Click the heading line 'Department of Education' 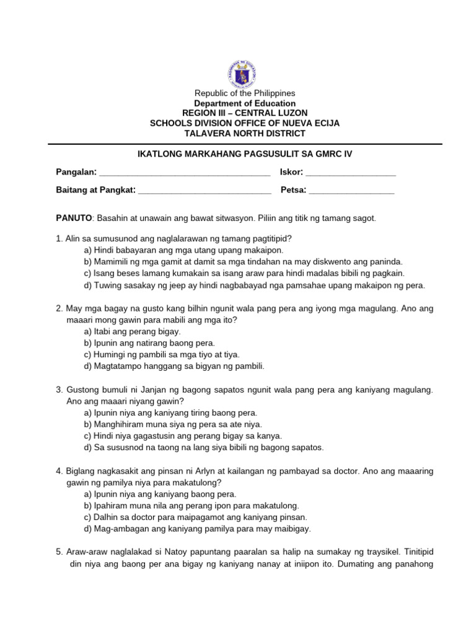point(245,103)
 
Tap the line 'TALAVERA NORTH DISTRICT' point(245,133)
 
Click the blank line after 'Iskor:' point(351,173)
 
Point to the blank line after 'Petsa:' point(351,191)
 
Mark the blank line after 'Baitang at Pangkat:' point(205,191)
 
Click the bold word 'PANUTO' point(74,219)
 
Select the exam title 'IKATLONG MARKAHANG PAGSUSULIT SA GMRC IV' point(245,153)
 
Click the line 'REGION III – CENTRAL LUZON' point(245,113)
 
